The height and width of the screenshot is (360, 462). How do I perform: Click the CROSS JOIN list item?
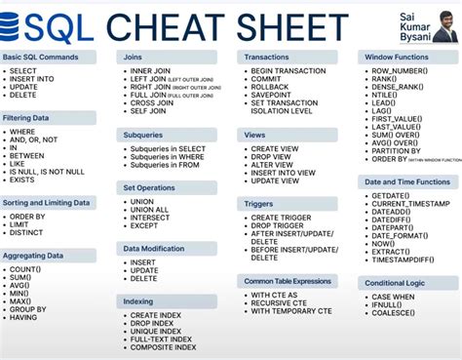[153, 100]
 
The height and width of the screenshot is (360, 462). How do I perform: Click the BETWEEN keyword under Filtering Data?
[28, 155]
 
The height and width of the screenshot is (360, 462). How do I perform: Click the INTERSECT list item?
[150, 218]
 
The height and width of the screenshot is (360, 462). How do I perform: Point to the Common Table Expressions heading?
[288, 280]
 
